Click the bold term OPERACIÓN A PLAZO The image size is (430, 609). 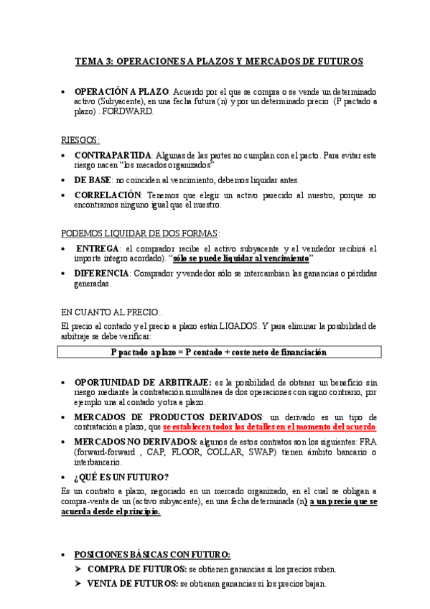(x=121, y=92)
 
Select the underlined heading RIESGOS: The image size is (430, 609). (x=80, y=140)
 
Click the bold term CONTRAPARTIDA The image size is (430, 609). (x=113, y=155)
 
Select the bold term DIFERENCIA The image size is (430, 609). (x=102, y=274)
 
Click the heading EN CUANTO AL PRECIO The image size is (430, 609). (x=111, y=312)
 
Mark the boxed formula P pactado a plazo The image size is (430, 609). (x=219, y=352)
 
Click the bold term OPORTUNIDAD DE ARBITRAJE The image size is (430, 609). (x=143, y=382)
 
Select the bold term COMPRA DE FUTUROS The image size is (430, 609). (x=132, y=569)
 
